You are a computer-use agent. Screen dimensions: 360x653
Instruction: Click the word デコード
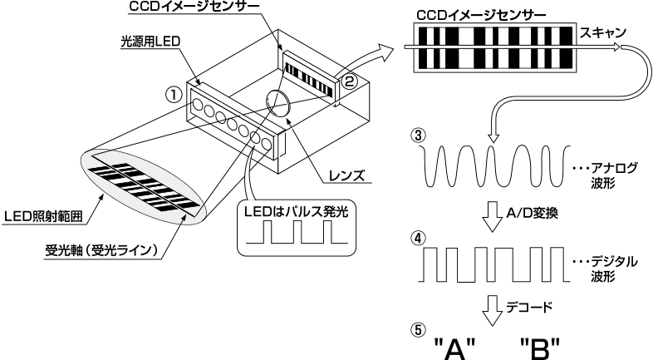pos(526,308)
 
